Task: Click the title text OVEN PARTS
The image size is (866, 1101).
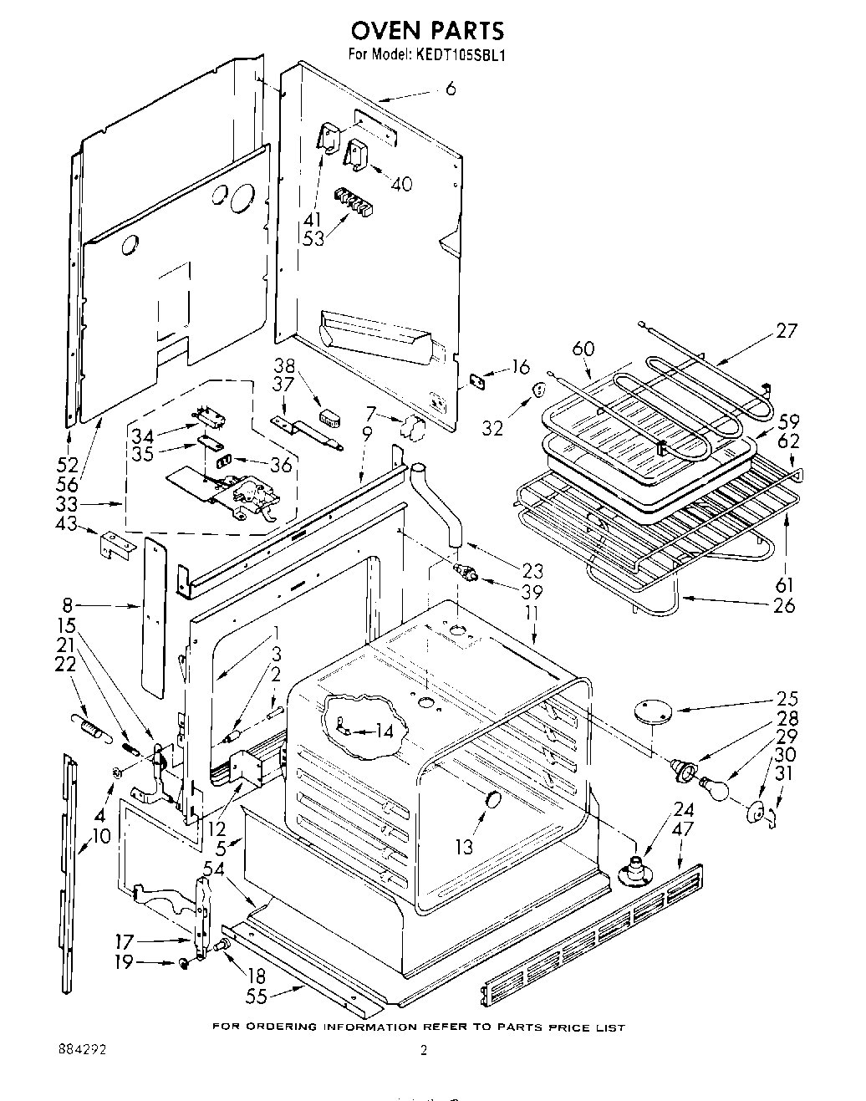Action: tap(427, 31)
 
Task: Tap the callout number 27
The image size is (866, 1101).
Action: tap(787, 331)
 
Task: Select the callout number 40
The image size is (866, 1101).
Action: tap(402, 184)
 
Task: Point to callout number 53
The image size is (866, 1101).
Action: tap(313, 238)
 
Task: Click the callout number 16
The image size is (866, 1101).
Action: tap(521, 367)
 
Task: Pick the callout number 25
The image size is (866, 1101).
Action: tap(787, 699)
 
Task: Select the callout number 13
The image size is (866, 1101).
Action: tap(465, 847)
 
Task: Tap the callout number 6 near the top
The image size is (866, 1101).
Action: tap(451, 87)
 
